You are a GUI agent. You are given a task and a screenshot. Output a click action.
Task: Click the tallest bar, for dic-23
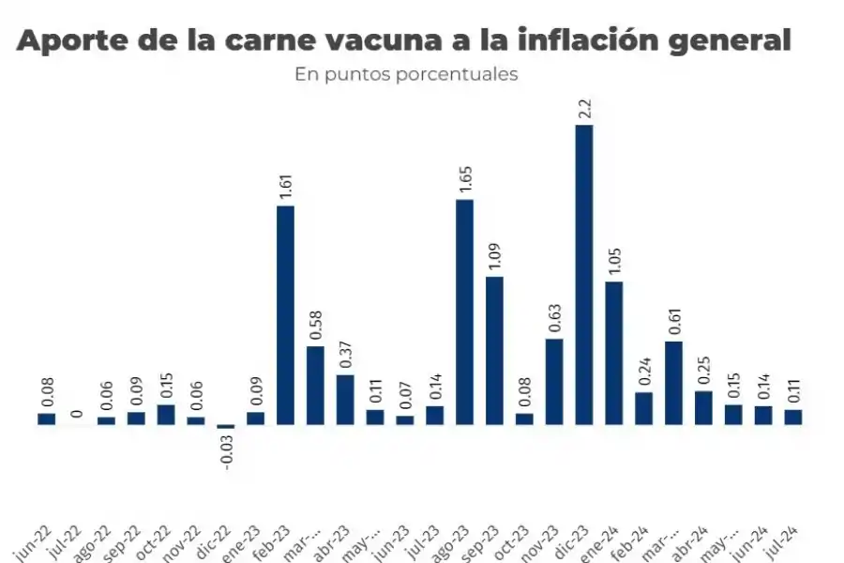[583, 274]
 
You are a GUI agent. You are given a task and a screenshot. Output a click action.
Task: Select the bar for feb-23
[285, 314]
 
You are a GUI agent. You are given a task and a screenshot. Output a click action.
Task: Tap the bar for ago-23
[464, 312]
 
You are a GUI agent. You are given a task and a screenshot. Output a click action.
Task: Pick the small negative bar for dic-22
[225, 427]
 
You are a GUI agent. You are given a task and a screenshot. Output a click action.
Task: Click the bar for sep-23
[494, 350]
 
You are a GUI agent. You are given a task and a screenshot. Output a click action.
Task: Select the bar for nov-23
[554, 381]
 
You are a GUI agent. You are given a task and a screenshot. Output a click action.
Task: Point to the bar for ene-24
[613, 353]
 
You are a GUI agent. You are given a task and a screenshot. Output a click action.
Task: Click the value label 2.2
[584, 109]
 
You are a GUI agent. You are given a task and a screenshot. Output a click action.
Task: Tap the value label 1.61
[286, 185]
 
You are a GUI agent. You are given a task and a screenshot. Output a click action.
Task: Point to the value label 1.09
[494, 256]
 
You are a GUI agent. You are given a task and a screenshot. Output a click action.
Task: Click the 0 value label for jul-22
[77, 413]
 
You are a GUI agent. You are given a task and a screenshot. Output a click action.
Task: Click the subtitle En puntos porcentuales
[406, 74]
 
